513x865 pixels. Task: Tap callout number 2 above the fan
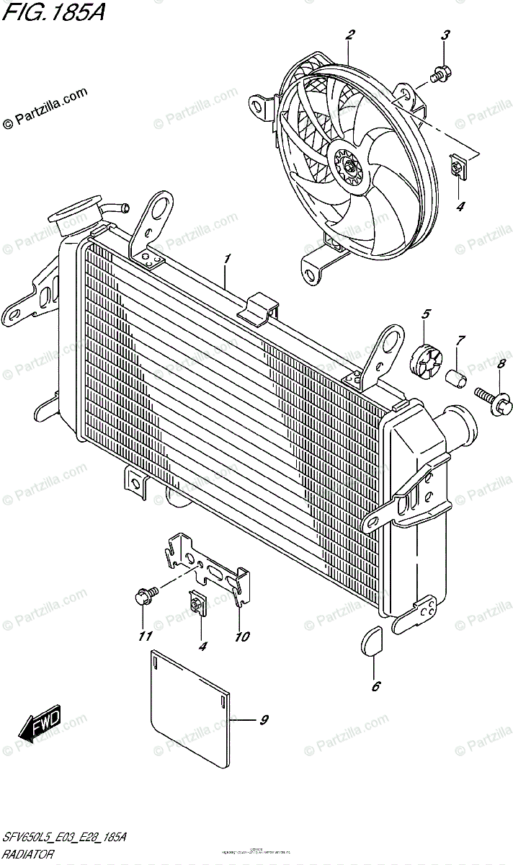click(350, 35)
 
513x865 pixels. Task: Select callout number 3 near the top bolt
click(445, 35)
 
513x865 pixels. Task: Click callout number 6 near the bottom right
click(375, 687)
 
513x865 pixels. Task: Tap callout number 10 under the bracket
click(241, 636)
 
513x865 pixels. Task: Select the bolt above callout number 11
click(143, 596)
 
